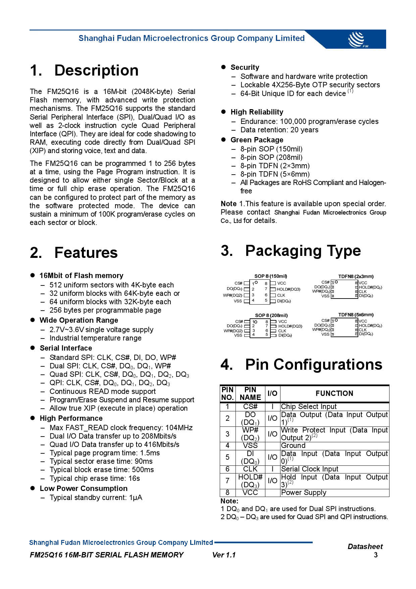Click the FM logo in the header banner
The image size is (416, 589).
[358, 40]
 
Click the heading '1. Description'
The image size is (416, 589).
[84, 71]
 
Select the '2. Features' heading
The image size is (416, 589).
[74, 253]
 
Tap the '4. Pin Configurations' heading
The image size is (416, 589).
[301, 365]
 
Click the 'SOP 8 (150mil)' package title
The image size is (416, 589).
[270, 276]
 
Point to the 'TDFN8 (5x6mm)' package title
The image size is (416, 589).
[356, 315]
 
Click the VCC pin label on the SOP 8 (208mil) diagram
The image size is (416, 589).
[282, 321]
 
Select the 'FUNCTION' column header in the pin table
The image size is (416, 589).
[334, 394]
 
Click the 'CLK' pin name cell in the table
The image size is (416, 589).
[250, 469]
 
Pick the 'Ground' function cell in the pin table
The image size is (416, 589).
[293, 446]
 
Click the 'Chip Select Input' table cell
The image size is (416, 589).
[309, 407]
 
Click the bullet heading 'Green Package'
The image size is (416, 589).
[257, 140]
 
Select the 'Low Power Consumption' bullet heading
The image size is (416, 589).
[84, 489]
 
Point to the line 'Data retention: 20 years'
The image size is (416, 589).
[279, 130]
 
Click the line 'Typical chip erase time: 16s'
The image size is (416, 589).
[95, 479]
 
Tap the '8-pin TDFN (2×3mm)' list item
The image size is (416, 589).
[275, 166]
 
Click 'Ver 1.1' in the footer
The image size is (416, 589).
[224, 555]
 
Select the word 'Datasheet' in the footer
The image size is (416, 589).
[365, 547]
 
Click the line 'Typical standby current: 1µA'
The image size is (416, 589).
[96, 498]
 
